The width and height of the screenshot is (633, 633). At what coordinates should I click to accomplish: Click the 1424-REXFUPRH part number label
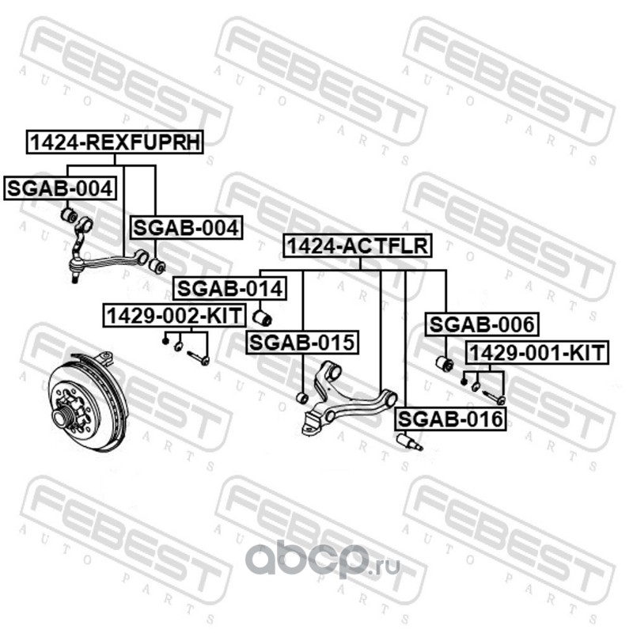click(116, 142)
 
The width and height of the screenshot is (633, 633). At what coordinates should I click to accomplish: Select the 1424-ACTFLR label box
click(358, 247)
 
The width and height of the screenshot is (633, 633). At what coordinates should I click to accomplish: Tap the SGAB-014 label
click(229, 290)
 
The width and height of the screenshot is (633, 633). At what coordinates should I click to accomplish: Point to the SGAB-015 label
click(301, 343)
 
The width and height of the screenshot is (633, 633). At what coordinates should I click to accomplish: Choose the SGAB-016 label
click(450, 419)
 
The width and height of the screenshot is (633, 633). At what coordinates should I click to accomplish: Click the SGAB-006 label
click(482, 324)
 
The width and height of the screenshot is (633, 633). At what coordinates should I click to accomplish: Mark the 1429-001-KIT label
click(537, 352)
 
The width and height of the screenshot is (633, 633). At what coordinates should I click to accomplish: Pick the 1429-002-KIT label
click(174, 315)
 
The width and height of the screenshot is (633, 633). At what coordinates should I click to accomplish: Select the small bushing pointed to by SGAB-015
click(301, 396)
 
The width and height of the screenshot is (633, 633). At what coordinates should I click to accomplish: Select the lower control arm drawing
click(348, 400)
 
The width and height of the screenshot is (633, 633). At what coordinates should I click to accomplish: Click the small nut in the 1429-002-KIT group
click(165, 341)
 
